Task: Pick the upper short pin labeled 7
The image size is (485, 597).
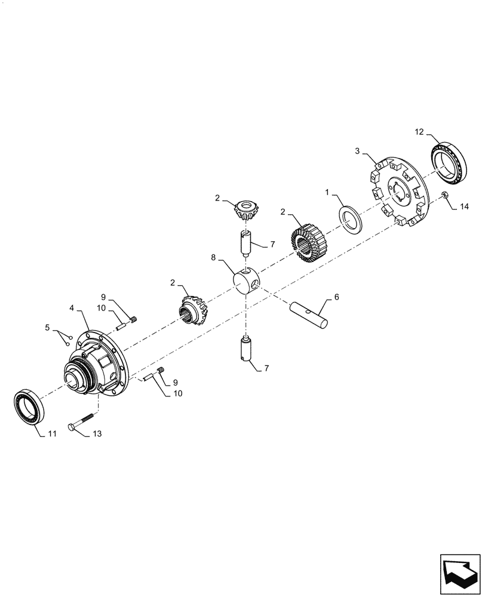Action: (245, 244)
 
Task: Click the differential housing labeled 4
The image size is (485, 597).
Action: (96, 366)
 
